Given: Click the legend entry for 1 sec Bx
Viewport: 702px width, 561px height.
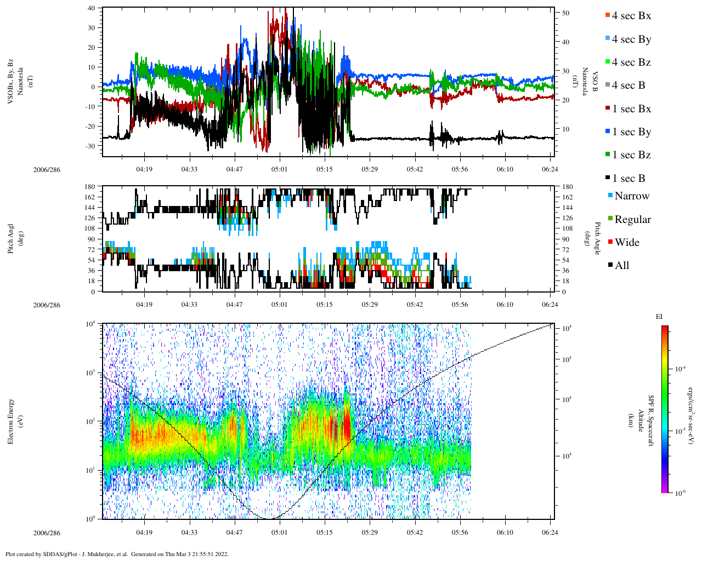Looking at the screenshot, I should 631,109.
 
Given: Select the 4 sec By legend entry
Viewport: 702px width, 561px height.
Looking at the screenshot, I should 631,39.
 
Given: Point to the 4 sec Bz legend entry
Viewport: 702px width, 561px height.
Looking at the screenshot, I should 631,62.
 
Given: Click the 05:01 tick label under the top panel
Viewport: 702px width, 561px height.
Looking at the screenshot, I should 279,169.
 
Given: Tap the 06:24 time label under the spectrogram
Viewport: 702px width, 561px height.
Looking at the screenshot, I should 550,533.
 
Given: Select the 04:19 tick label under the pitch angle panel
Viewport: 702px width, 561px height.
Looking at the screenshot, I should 144,305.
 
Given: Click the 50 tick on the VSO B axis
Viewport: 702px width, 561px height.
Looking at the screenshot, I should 565,13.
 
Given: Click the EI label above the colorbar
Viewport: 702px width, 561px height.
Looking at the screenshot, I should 659,317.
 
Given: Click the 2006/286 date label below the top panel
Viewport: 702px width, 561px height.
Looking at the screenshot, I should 47,169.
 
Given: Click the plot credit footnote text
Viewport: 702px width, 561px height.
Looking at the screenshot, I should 117,554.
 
